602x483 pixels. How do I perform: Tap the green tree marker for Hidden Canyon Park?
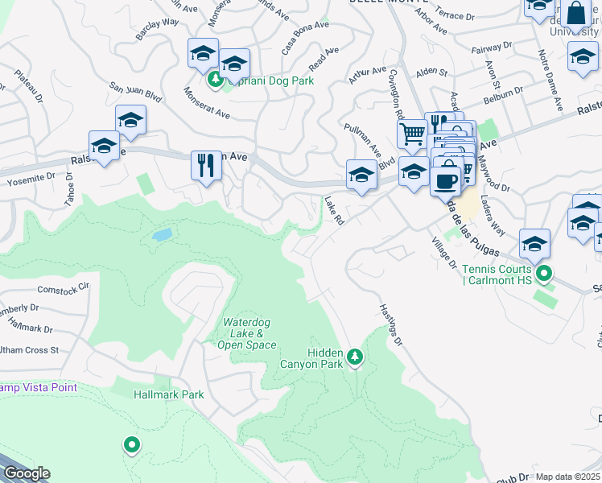click(x=355, y=355)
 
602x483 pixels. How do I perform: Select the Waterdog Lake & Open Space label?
click(x=247, y=334)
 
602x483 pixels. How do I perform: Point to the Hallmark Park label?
click(x=168, y=394)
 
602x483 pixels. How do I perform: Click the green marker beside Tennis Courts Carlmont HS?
click(x=544, y=275)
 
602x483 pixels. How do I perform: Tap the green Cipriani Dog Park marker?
click(x=216, y=80)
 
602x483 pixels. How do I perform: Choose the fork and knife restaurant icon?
click(x=205, y=166)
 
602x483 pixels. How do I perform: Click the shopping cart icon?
click(x=412, y=134)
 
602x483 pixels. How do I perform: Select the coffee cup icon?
click(x=444, y=180)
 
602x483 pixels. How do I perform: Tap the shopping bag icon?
click(x=575, y=14)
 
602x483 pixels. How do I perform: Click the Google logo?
click(x=26, y=473)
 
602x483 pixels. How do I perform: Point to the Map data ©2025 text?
click(x=567, y=477)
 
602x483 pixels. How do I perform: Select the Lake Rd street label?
click(x=334, y=210)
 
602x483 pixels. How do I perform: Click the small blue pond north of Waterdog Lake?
click(x=162, y=235)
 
